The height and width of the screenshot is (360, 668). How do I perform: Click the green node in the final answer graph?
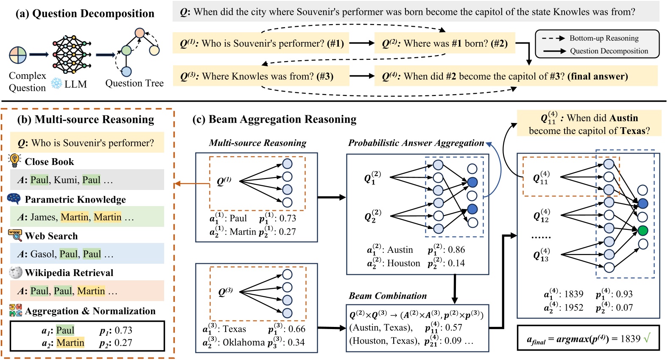coord(643,231)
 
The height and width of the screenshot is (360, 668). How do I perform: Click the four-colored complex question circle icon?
coord(18,55)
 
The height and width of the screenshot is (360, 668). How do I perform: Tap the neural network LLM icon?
coord(71,54)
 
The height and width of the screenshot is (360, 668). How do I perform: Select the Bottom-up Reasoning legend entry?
coord(604,38)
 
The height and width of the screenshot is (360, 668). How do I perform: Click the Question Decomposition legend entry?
coord(609,51)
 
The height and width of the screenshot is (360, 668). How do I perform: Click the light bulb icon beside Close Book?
coord(14,160)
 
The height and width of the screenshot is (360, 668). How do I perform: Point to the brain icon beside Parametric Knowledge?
coord(14,198)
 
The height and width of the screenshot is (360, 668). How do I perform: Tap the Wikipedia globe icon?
coord(15,272)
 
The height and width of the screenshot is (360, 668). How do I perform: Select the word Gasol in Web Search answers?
coord(43,254)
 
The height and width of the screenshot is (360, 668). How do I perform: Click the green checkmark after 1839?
coord(647,338)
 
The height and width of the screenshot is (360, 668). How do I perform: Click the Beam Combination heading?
coord(388,296)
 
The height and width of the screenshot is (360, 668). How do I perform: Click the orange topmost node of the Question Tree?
coord(140,33)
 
